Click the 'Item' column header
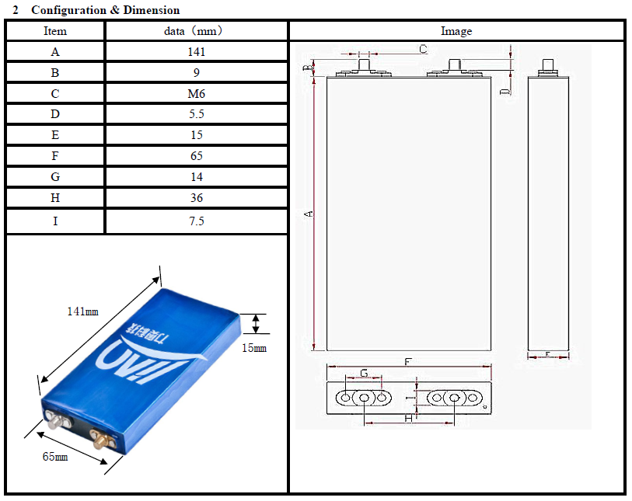(x=55, y=31)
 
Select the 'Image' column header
(x=456, y=31)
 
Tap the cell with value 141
(x=197, y=52)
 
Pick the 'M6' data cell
(x=197, y=94)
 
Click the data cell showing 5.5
(x=197, y=114)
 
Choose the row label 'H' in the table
(x=55, y=198)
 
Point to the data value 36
(x=197, y=198)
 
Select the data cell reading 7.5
(x=197, y=221)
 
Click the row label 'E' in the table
(x=55, y=135)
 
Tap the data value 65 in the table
(x=197, y=156)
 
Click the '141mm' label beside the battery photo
(x=82, y=311)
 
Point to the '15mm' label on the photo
(x=254, y=348)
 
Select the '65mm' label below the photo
(x=54, y=457)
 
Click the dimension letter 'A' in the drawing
(x=309, y=213)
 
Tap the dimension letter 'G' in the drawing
(x=364, y=374)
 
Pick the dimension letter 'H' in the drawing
(x=407, y=419)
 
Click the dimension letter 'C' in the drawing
(x=422, y=49)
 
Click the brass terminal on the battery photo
(x=100, y=440)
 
